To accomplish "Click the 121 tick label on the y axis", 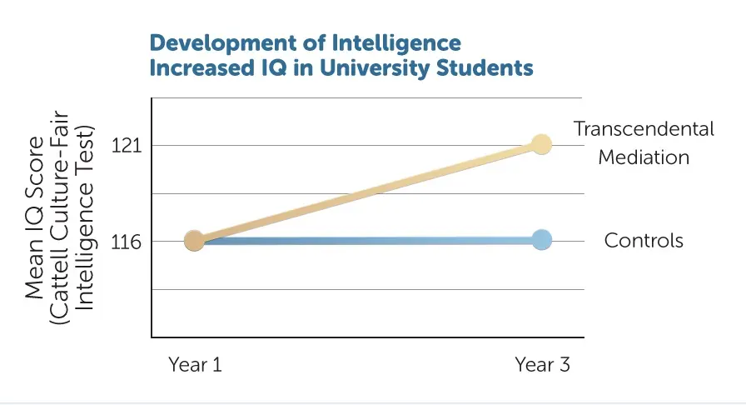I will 125,146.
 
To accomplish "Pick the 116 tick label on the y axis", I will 125,242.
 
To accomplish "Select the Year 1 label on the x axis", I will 195,364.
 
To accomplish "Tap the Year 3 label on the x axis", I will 542,364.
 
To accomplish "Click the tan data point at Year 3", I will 541,144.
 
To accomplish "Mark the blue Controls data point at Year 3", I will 541,240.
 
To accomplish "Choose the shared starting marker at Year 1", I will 194,241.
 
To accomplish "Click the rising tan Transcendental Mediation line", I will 366,192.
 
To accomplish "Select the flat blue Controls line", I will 366,241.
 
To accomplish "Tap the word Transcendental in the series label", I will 644,129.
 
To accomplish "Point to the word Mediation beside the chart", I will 644,157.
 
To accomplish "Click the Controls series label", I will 644,241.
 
